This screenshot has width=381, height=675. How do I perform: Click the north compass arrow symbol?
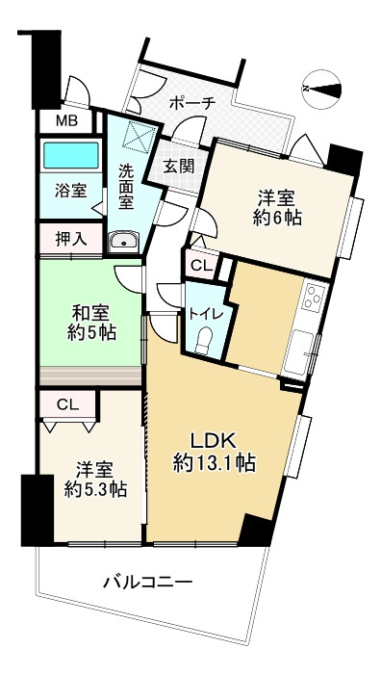[326, 89]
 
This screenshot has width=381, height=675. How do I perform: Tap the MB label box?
[65, 120]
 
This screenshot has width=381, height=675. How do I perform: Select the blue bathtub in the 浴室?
[71, 155]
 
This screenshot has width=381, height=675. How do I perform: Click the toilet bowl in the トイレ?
[203, 339]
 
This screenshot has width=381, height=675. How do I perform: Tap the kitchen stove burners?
[313, 297]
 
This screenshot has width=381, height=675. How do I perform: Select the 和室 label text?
[91, 313]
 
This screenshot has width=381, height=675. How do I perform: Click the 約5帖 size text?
[91, 334]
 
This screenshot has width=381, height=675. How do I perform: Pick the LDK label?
[210, 438]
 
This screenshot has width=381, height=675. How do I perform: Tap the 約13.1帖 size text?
[213, 463]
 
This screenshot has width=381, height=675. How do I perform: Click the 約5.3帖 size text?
[95, 489]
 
